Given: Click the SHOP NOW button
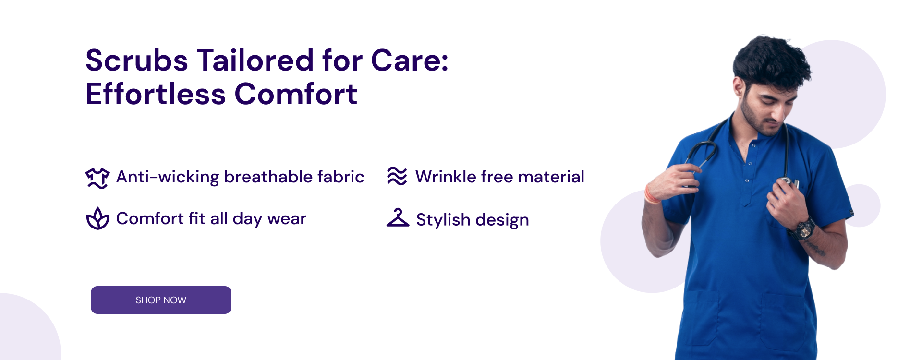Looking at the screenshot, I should point(161,300).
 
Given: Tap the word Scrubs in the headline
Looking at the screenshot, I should point(136,61).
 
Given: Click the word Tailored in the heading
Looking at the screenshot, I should point(255,61).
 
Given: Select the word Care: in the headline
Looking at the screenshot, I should point(410,61).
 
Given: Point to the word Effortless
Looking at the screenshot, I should point(155,94).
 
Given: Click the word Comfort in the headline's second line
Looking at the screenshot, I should point(296,94).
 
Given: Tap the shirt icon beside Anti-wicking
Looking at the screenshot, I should point(97,178).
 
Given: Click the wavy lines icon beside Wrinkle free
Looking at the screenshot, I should point(397,176).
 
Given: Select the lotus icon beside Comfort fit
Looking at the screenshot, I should point(97,219).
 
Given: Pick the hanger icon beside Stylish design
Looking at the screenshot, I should point(398,218).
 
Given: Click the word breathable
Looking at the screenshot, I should point(262,177).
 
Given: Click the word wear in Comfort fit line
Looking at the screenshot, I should point(287,219).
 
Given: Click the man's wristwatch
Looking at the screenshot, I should point(803,229).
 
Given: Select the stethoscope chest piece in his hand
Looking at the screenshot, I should point(788,182).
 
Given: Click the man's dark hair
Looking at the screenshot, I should point(771,60).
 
